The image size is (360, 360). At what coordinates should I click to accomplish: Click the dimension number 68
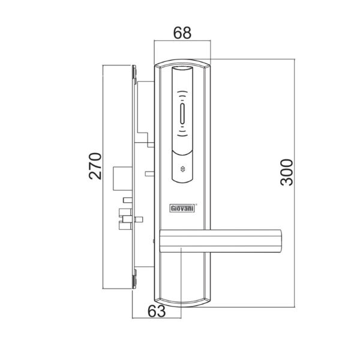point(182,34)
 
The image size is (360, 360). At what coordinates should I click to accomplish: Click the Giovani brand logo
point(180,209)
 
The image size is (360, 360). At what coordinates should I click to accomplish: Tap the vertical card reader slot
point(183,113)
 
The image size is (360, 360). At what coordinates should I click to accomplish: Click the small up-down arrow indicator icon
point(183,169)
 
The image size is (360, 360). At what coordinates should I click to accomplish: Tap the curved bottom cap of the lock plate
point(183,302)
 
